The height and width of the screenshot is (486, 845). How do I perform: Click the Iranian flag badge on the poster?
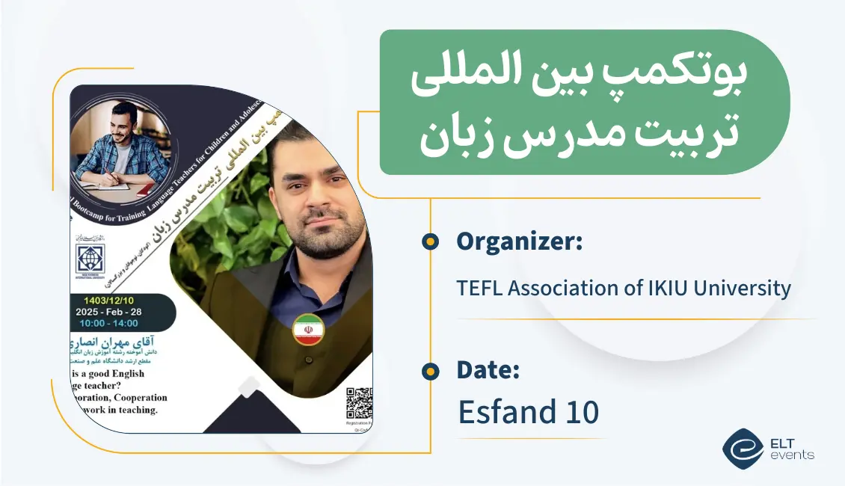pyautogui.click(x=308, y=330)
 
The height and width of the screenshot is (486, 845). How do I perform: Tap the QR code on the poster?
pyautogui.click(x=360, y=404)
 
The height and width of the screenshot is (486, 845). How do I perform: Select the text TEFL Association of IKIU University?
pyautogui.click(x=624, y=288)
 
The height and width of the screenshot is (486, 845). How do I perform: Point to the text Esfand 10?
pyautogui.click(x=528, y=412)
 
